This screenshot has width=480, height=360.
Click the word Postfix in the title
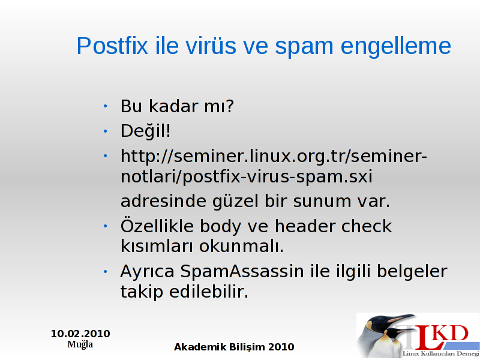(x=112, y=46)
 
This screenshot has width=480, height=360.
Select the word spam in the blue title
(x=304, y=48)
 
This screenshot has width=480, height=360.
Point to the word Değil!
(x=145, y=131)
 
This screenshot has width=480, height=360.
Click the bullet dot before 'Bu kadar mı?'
(x=106, y=106)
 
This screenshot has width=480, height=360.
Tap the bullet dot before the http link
(x=106, y=156)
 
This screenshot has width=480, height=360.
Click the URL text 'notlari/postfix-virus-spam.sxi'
(x=247, y=177)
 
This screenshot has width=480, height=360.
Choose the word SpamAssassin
(x=242, y=271)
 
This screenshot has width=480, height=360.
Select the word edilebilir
(x=208, y=292)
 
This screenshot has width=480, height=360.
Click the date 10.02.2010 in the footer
(x=80, y=334)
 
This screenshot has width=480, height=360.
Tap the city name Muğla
(x=80, y=344)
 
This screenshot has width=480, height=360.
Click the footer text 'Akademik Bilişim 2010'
(x=234, y=347)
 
